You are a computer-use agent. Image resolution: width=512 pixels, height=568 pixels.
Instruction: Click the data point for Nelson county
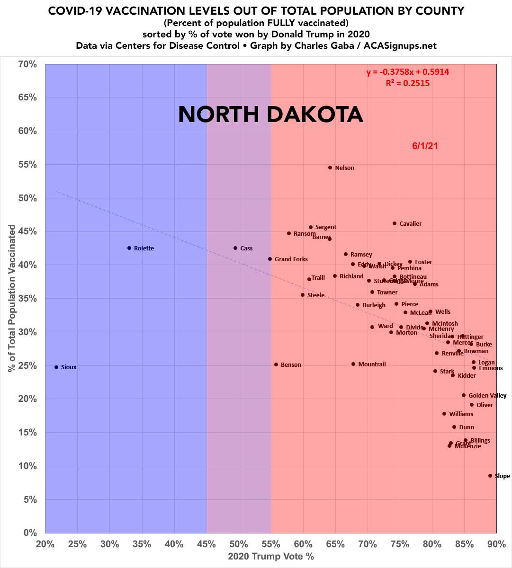coord(330,168)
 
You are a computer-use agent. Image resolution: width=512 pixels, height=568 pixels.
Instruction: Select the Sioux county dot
coord(56,367)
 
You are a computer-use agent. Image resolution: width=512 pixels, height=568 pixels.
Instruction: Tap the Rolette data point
coord(129,248)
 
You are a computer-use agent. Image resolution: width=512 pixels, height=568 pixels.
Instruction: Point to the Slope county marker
coord(490,476)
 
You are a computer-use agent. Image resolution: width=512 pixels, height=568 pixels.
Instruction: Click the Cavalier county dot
coord(395,223)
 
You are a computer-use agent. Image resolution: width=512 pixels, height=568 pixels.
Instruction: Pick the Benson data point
coord(276,364)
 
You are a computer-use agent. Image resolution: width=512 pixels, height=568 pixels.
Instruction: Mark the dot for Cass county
coord(235,248)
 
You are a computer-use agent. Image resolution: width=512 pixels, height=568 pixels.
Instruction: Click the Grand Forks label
coord(291,259)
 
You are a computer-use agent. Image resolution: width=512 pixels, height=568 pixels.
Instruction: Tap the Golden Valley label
coord(487,396)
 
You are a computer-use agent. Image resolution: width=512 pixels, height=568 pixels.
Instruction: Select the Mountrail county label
coord(372,364)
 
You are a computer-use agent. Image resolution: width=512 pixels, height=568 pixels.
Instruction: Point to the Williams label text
coord(461,414)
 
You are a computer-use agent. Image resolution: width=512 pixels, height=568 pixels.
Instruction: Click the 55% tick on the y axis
coord(28,165)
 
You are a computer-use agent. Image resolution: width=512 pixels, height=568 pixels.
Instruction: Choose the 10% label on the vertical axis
coord(28,466)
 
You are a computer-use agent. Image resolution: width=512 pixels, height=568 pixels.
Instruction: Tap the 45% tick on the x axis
coord(207,544)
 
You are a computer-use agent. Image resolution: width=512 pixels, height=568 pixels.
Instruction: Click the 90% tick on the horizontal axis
coord(496,544)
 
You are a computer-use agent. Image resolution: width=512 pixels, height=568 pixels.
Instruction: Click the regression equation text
coord(407,72)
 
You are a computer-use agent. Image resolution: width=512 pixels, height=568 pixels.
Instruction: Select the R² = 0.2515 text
coord(408,83)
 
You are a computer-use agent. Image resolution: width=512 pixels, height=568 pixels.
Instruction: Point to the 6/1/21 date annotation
coord(425,146)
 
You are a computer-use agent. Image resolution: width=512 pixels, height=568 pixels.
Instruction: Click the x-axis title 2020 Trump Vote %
coord(271,557)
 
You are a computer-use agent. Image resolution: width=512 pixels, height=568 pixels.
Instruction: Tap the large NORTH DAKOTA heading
coord(270,115)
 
